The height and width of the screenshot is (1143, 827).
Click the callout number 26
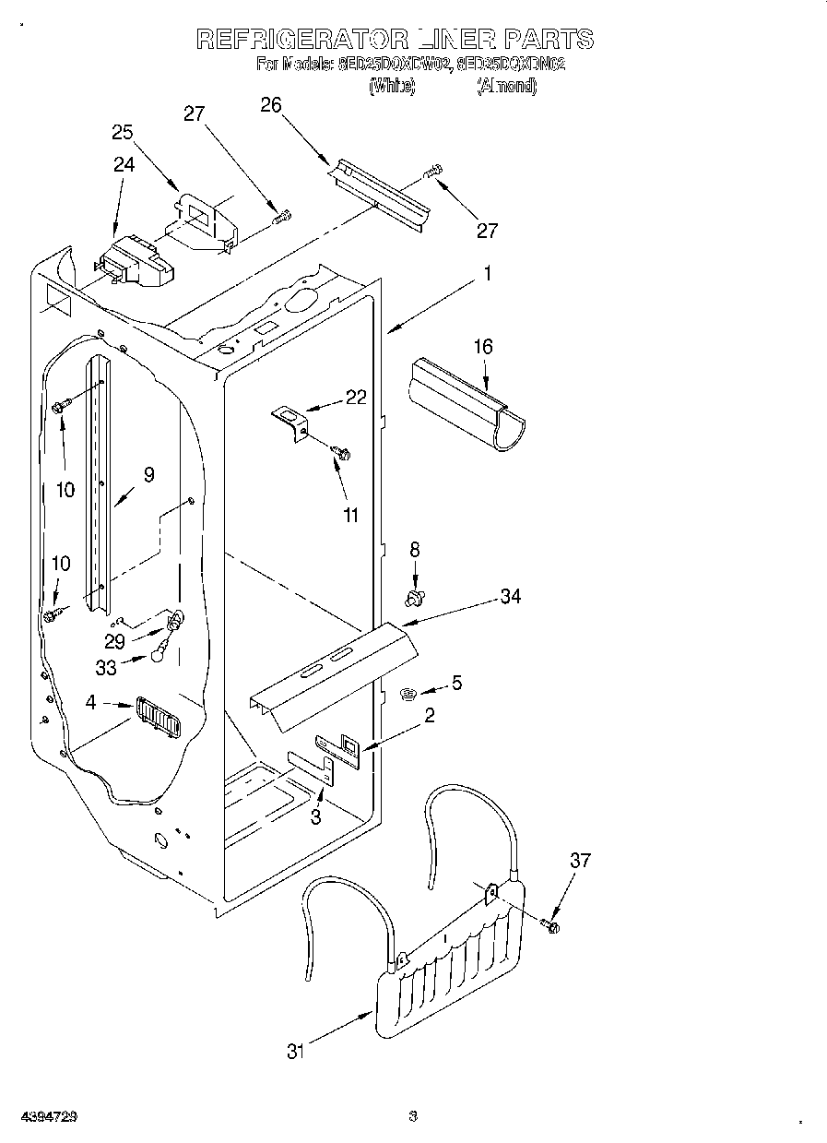[270, 105]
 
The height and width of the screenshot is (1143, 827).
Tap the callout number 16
[483, 347]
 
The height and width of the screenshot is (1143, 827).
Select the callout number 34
[510, 597]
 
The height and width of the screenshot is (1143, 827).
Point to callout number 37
[580, 861]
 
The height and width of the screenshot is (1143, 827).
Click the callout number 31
[295, 1051]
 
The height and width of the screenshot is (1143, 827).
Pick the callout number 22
[356, 398]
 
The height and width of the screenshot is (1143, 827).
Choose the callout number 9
[148, 475]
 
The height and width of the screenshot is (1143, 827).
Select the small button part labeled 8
[414, 599]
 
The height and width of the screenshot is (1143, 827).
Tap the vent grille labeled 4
[158, 717]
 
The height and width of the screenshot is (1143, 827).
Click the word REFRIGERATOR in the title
[302, 40]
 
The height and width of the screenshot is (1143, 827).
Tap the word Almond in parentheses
[506, 87]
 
